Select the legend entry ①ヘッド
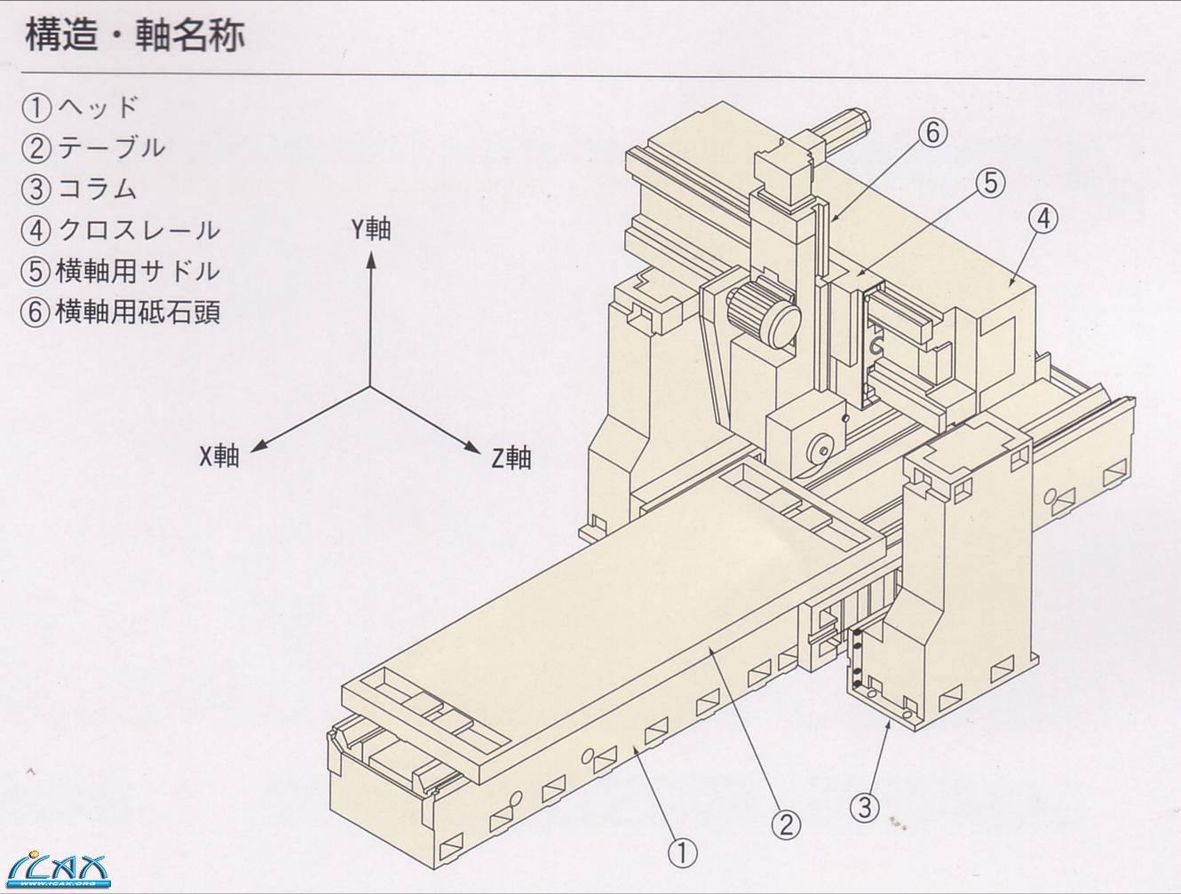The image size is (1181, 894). [x=80, y=107]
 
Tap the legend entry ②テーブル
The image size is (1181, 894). [x=93, y=148]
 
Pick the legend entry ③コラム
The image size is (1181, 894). [x=80, y=189]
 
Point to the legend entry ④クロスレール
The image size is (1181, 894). [x=120, y=230]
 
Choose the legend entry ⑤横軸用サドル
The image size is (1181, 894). [x=120, y=271]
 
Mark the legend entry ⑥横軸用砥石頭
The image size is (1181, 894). [x=120, y=312]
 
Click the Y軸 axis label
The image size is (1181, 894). [x=370, y=229]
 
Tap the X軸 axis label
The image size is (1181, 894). [x=219, y=456]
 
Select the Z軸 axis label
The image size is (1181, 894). [x=511, y=458]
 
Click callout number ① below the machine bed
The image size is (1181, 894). [x=682, y=854]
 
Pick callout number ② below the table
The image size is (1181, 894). [x=785, y=825]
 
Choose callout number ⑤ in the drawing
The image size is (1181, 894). [x=990, y=183]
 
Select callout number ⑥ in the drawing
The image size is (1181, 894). [x=932, y=133]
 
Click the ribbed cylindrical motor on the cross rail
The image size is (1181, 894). [x=763, y=313]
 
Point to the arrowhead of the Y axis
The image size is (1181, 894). [x=371, y=259]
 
